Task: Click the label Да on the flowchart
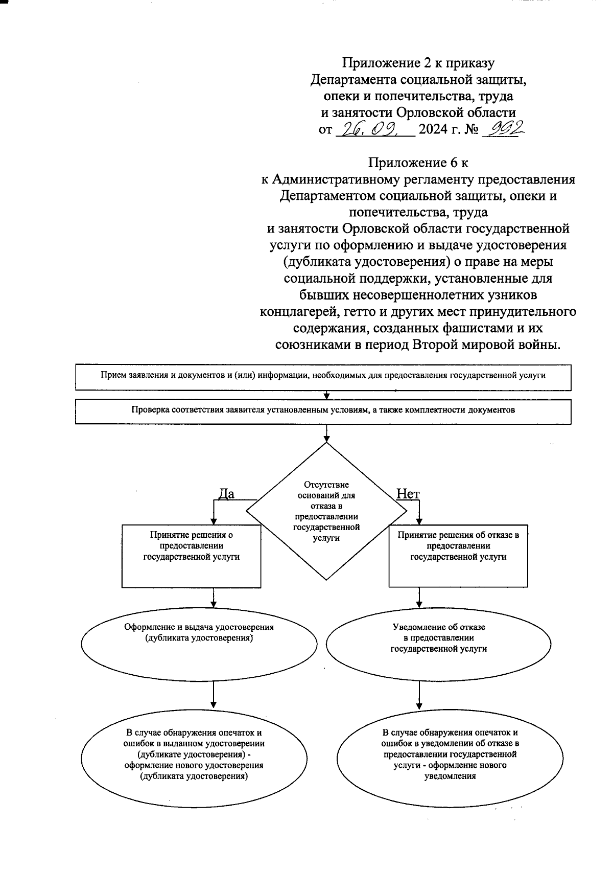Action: click(x=226, y=494)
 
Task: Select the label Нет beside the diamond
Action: click(x=408, y=494)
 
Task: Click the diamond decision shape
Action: click(x=326, y=511)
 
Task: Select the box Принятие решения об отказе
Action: click(x=458, y=556)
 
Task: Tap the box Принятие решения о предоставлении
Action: click(x=192, y=556)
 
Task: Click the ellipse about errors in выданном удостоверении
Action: click(x=194, y=755)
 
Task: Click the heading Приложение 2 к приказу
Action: click(x=418, y=63)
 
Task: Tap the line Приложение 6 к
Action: click(x=418, y=163)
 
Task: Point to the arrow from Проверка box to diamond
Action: click(x=326, y=433)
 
